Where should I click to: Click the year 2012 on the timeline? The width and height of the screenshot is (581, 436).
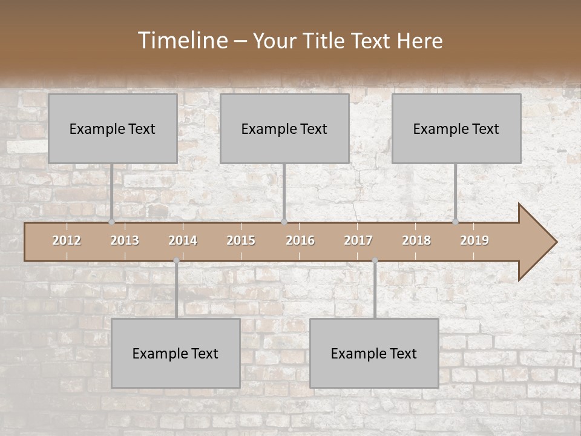(x=67, y=240)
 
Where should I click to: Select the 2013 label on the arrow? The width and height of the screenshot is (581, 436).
(x=125, y=240)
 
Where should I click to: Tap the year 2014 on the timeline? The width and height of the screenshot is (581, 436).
(x=183, y=240)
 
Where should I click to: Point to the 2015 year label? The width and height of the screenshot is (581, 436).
(x=241, y=240)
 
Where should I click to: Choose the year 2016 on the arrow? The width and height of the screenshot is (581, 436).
(x=300, y=240)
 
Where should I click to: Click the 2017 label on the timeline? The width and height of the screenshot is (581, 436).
(x=358, y=240)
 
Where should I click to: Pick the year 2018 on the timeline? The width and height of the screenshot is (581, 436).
(x=416, y=240)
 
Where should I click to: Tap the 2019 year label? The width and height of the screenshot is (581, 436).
(x=474, y=240)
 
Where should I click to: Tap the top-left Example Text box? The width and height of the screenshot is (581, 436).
(x=113, y=128)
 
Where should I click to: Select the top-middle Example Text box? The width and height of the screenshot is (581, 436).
(x=284, y=128)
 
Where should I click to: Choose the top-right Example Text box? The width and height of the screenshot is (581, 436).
(x=456, y=128)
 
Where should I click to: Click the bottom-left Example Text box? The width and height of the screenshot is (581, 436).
(x=176, y=353)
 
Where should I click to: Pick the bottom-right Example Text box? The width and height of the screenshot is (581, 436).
(x=374, y=353)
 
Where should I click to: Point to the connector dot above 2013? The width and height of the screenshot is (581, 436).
(x=111, y=222)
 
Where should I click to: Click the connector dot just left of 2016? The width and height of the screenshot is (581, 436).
(x=284, y=222)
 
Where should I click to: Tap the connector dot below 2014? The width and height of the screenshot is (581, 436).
(x=176, y=260)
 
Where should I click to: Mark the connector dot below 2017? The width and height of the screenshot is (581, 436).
(x=375, y=260)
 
